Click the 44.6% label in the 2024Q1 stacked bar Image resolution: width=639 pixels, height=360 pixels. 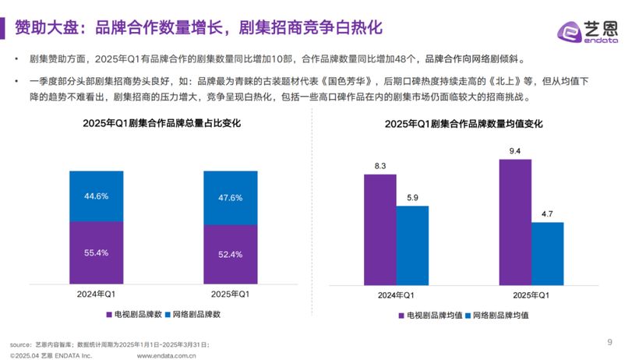pos(96,196)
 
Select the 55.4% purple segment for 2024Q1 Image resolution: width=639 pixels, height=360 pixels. pos(96,253)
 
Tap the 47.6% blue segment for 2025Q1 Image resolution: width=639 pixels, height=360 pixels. pos(231,198)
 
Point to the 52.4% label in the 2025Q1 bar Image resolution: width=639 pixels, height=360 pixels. pos(231,255)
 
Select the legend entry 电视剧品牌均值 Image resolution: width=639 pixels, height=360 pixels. pos(431,316)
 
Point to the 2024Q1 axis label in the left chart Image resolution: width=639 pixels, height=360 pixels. pos(96,294)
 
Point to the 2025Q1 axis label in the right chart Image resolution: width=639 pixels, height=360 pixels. pos(531,296)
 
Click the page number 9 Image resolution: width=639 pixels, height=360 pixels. pos(609,341)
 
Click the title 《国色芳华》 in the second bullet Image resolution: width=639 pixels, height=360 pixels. pos(344,81)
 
